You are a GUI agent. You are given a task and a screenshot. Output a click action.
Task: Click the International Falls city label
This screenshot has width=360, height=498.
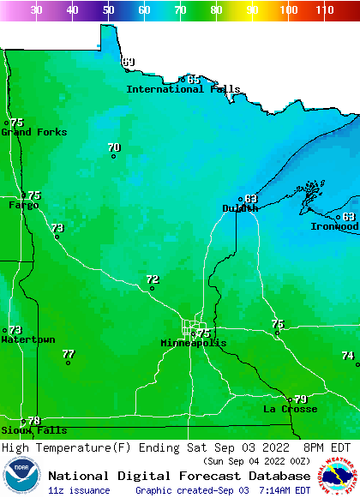click(x=183, y=89)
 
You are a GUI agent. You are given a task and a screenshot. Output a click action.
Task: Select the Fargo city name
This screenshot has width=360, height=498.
click(x=23, y=206)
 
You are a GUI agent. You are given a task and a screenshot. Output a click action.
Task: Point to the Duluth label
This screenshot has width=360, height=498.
click(x=239, y=208)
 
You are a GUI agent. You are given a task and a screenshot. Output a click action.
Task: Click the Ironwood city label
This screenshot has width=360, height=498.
click(x=334, y=226)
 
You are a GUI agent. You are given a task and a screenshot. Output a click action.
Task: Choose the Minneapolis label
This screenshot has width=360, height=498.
click(x=194, y=343)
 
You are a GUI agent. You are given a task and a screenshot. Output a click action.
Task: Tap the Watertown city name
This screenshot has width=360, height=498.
click(x=27, y=340)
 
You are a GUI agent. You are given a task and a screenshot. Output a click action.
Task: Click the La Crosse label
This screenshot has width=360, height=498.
click(x=290, y=409)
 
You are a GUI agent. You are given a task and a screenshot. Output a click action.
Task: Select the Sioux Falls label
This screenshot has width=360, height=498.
click(x=33, y=430)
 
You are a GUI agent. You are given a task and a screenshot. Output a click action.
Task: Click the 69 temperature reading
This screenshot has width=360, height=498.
click(x=129, y=62)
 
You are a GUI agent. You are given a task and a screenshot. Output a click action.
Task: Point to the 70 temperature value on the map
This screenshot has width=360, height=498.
click(x=114, y=147)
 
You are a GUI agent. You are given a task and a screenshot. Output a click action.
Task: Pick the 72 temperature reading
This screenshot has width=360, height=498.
click(x=153, y=279)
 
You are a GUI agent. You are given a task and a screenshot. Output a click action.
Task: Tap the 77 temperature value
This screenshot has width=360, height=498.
click(x=69, y=354)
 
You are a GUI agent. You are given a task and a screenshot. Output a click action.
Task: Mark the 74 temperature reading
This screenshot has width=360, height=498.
click(x=348, y=356)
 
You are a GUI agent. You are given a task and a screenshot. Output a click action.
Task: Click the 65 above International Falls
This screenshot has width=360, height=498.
click(x=194, y=80)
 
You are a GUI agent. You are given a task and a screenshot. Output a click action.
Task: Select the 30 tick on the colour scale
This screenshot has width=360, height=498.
click(x=36, y=9)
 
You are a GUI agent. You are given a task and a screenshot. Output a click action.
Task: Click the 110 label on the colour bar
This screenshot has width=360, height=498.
click(x=324, y=9)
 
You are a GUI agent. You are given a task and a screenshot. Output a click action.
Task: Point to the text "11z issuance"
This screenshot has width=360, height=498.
click(x=79, y=490)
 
